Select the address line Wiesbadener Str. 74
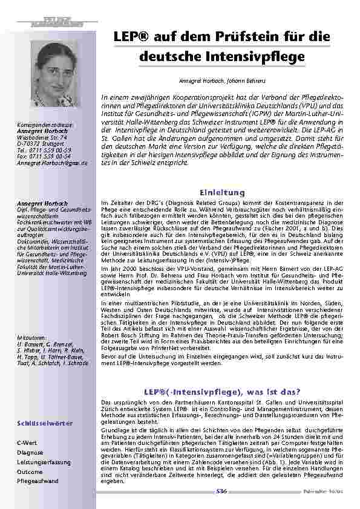coord(42,137)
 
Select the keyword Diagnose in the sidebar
coord(30,453)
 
